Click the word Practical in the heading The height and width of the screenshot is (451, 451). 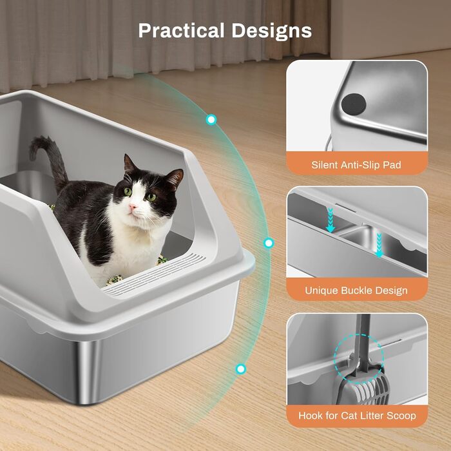click(x=181, y=30)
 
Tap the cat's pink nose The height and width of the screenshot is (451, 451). click(x=133, y=207)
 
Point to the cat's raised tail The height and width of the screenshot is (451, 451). click(x=50, y=161)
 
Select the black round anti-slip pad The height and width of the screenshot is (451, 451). click(x=354, y=104)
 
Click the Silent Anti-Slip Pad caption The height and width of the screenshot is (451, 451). click(x=356, y=165)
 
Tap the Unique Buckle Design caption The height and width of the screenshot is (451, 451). click(x=356, y=290)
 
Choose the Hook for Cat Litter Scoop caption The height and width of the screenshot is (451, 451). click(x=357, y=416)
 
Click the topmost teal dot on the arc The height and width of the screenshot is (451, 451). click(x=211, y=119)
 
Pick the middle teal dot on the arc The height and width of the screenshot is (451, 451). click(x=269, y=244)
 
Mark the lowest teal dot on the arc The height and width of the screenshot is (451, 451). click(x=240, y=369)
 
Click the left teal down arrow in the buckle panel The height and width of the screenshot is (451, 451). click(x=331, y=220)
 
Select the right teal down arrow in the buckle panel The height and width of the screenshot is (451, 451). click(x=379, y=245)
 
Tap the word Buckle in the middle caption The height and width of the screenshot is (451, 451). click(x=356, y=290)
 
